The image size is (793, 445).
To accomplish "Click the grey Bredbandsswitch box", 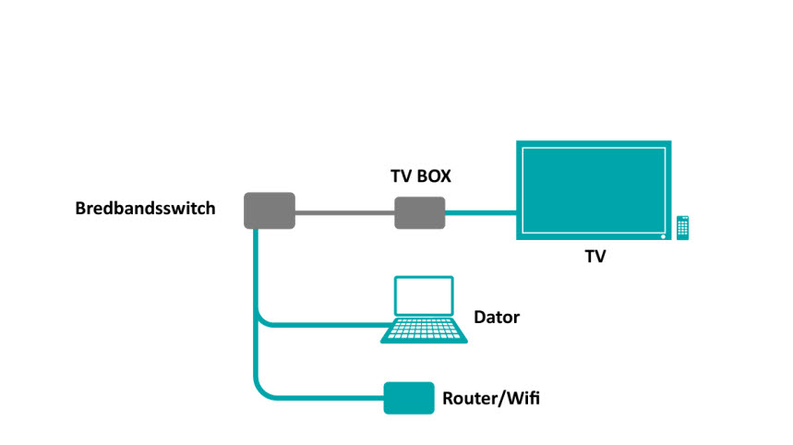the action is click(270, 210).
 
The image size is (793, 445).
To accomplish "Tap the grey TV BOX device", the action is click(420, 213).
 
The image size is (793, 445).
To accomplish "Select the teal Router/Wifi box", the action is click(409, 398).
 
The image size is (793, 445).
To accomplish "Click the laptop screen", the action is click(424, 295).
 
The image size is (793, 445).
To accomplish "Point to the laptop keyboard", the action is click(424, 331).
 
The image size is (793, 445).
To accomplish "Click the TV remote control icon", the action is click(683, 227).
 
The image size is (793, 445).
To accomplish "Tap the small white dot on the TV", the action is click(663, 236).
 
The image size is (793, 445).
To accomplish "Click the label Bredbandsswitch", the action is click(145, 209).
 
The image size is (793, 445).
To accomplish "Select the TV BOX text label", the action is click(421, 176).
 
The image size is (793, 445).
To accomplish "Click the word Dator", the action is click(497, 317).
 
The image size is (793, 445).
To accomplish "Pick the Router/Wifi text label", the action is click(491, 399).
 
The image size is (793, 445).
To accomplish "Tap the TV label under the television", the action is click(595, 257).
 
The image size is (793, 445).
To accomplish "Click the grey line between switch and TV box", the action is click(345, 213).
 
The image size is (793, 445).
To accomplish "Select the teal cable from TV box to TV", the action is click(480, 213).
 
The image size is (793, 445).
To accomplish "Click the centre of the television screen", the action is click(594, 190).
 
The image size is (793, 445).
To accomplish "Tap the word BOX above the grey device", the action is click(434, 176).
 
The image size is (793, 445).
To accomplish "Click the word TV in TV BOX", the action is click(402, 176).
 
